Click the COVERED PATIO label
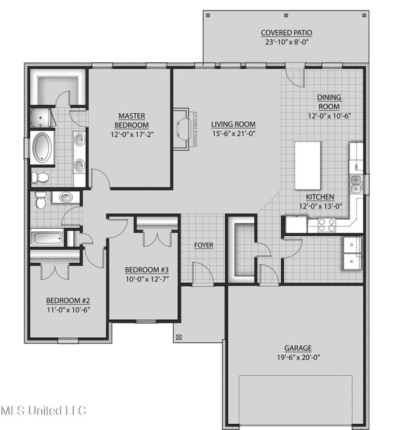click(286, 33)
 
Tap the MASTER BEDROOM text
click(131, 119)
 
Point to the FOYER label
click(204, 245)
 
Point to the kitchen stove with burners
click(326, 225)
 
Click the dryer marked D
click(352, 245)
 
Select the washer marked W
click(352, 261)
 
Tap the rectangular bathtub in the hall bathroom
click(47, 238)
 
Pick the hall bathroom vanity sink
click(67, 197)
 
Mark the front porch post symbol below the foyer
click(179, 336)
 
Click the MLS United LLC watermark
click(43, 410)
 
